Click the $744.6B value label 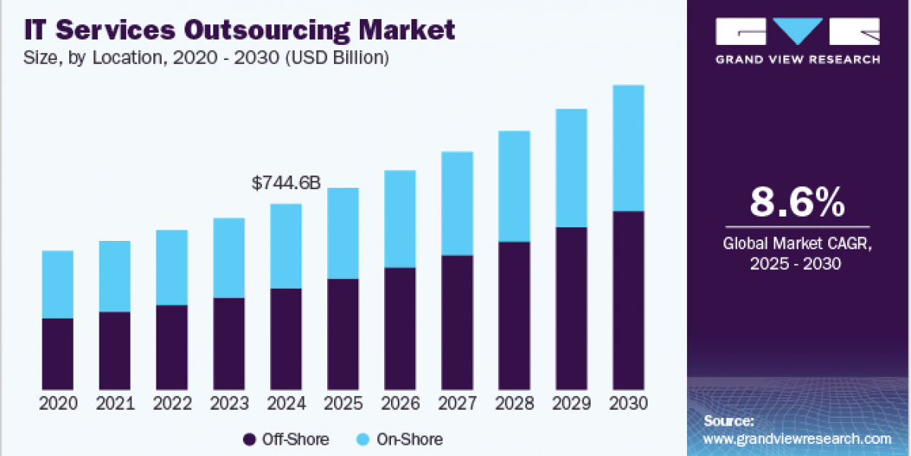285,183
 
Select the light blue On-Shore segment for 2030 628,148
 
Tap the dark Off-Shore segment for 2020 58,353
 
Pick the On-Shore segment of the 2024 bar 285,246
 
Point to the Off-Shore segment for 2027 457,322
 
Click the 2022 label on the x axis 172,404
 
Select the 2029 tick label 571,404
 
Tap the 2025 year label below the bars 343,404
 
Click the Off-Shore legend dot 249,439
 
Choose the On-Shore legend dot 363,439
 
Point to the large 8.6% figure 797,203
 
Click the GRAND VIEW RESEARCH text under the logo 797,59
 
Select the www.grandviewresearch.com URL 797,439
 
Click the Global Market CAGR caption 797,245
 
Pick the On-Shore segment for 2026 399,219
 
